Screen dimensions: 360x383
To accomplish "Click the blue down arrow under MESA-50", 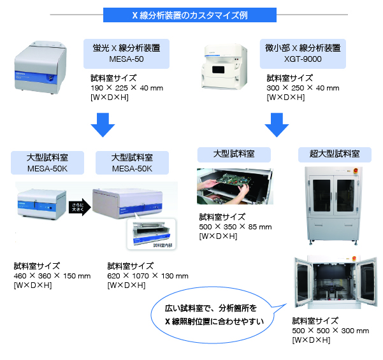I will pos(101,124).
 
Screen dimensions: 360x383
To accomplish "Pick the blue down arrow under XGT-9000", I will pos(276,124).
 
